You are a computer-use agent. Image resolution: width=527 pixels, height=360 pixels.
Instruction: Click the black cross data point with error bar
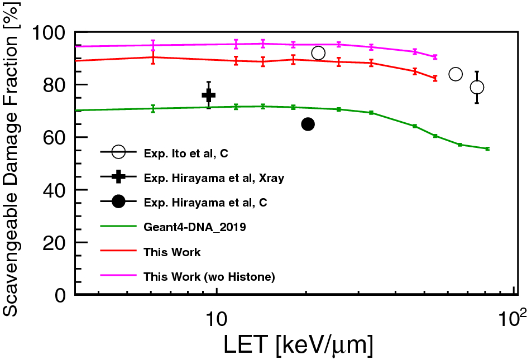click(x=208, y=95)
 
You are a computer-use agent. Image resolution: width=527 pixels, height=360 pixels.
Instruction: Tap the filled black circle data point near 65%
click(x=308, y=124)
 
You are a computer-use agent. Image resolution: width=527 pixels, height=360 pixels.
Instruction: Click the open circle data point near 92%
click(x=318, y=53)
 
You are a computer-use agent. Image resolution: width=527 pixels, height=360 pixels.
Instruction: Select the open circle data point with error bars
click(x=477, y=87)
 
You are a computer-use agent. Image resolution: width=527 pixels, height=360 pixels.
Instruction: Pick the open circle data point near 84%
click(x=456, y=74)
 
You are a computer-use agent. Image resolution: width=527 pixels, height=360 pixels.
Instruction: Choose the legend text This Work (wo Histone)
click(x=209, y=276)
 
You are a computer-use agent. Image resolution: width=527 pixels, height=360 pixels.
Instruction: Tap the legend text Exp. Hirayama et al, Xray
click(x=214, y=178)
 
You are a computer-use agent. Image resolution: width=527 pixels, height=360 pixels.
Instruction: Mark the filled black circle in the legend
click(x=118, y=202)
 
